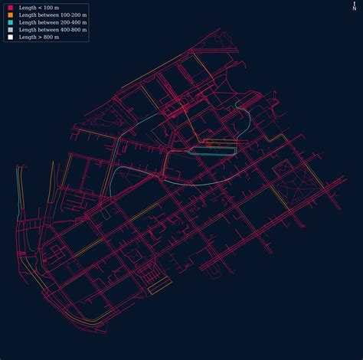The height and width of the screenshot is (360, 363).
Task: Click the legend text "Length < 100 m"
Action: [39, 8]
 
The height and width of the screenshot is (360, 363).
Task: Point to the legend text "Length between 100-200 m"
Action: [52, 15]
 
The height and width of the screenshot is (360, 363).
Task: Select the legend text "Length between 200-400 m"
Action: [52, 22]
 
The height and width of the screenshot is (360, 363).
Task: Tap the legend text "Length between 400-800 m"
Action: [52, 29]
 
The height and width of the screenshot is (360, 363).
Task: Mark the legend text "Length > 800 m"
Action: [39, 36]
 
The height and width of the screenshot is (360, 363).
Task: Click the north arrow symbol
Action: [354, 4]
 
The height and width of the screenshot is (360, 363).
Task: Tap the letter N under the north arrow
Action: [354, 9]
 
